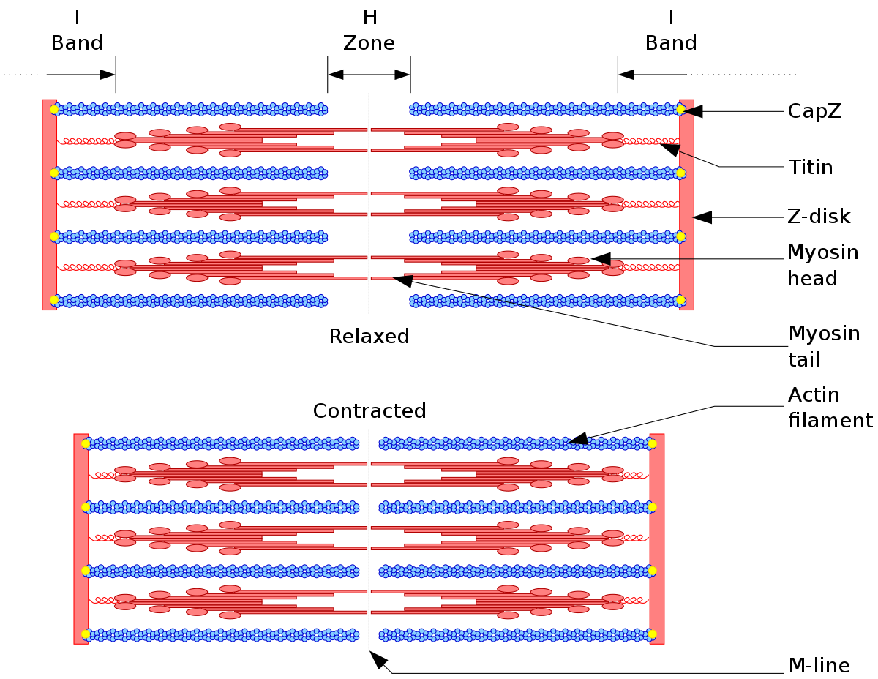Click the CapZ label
pyautogui.click(x=814, y=111)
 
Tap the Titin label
pyautogui.click(x=810, y=167)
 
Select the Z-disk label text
pyautogui.click(x=819, y=216)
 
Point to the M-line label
pyautogui.click(x=819, y=665)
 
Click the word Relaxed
pyautogui.click(x=369, y=336)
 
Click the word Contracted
pyautogui.click(x=369, y=410)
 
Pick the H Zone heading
pyautogui.click(x=369, y=30)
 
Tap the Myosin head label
pyautogui.click(x=822, y=265)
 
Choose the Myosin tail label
pyautogui.click(x=824, y=346)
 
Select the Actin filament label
pyautogui.click(x=830, y=407)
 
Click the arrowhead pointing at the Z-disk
pyautogui.click(x=702, y=217)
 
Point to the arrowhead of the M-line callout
pyautogui.click(x=378, y=660)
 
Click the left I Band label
pyautogui.click(x=77, y=30)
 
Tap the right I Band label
pyautogui.click(x=671, y=30)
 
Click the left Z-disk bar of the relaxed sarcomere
pyautogui.click(x=49, y=205)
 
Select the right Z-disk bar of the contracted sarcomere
pyautogui.click(x=656, y=539)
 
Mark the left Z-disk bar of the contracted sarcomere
pyautogui.click(x=80, y=539)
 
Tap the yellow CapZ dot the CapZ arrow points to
pyautogui.click(x=680, y=110)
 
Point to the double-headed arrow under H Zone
pyautogui.click(x=369, y=75)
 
